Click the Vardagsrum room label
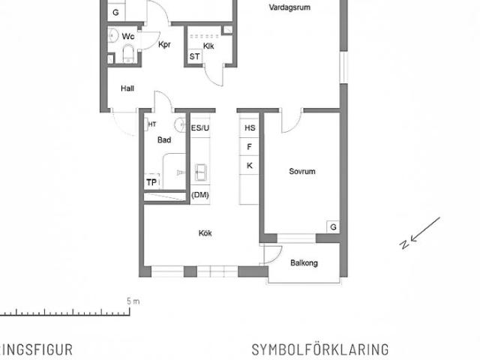(x=289, y=7)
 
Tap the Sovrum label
(x=302, y=171)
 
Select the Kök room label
(x=205, y=233)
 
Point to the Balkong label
(x=304, y=263)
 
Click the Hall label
(x=127, y=88)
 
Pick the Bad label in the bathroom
(x=164, y=140)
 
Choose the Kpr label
(x=165, y=45)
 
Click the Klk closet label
(x=208, y=46)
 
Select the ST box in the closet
(x=195, y=56)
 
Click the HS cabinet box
(x=250, y=128)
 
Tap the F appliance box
(x=250, y=147)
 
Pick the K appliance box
(x=250, y=166)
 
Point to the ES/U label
(x=201, y=128)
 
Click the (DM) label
(x=200, y=195)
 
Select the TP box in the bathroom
(x=151, y=182)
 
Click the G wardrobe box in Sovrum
(x=332, y=226)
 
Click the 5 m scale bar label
(x=133, y=301)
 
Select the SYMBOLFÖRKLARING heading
(x=320, y=349)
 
